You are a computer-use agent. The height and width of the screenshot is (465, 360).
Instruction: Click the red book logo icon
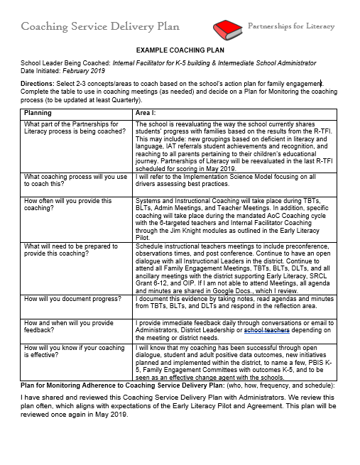pyautogui.click(x=227, y=29)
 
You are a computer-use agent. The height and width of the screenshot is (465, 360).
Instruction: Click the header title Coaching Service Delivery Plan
pyautogui.click(x=100, y=27)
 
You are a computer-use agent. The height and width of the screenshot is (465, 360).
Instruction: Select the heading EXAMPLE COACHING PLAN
pyautogui.click(x=179, y=52)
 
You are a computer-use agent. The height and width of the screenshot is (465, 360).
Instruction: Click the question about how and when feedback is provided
pyautogui.click(x=68, y=326)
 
